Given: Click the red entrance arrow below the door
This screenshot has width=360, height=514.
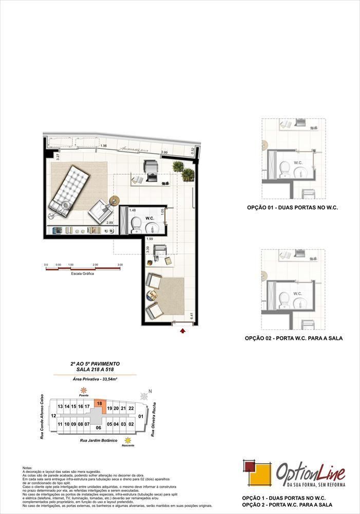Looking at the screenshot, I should point(182,332).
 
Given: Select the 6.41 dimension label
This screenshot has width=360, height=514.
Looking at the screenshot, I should point(191,316).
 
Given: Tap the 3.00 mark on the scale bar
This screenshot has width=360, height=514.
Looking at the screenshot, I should point(120,265).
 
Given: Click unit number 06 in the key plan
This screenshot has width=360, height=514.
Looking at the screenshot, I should point(98,427).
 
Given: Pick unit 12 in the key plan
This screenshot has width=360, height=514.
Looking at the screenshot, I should point(53,415).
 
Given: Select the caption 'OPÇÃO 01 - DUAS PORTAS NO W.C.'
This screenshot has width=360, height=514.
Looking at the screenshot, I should point(292,207).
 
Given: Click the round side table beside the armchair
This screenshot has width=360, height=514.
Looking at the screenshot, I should point(113,200).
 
